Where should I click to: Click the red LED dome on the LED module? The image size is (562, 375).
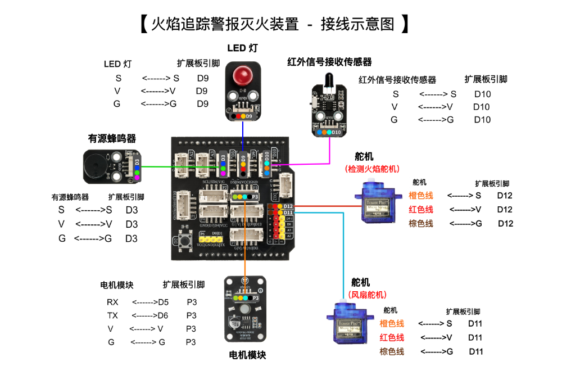click(x=243, y=74)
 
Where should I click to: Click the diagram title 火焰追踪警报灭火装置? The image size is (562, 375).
click(x=273, y=24)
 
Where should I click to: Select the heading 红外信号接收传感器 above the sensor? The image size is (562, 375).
click(x=329, y=61)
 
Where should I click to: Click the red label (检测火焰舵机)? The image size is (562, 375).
click(x=371, y=169)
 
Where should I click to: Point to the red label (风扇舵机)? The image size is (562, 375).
click(x=368, y=294)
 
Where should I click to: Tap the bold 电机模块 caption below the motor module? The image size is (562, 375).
click(x=247, y=355)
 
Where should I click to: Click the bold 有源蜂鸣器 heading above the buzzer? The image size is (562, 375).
click(x=112, y=138)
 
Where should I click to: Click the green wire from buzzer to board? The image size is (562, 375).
click(x=180, y=166)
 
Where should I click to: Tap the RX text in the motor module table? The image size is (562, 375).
click(x=112, y=302)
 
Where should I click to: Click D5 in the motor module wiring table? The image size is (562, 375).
click(x=163, y=302)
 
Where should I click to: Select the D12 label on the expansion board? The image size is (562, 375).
click(x=288, y=206)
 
